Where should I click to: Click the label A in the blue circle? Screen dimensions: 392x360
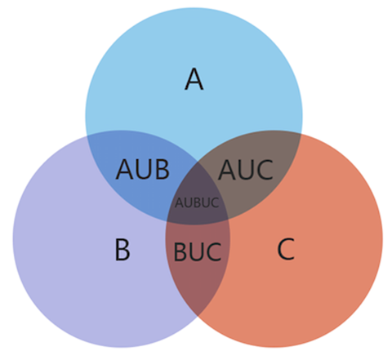194,79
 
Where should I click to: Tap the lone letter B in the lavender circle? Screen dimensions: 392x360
122,250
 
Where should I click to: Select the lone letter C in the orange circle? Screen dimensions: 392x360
286,249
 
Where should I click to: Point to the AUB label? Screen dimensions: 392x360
143,169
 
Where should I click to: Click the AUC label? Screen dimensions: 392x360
246,170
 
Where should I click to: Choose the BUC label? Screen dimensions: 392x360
198,252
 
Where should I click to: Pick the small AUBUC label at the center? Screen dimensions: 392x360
197,202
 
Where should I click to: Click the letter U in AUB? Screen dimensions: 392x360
145,169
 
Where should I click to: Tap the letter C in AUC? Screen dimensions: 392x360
264,170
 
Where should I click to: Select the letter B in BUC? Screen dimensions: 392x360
180,252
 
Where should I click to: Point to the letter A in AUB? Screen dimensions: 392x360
125,169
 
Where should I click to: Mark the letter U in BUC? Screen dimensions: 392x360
197,252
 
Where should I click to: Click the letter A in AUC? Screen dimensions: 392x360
227,170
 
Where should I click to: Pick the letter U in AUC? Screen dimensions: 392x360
246,170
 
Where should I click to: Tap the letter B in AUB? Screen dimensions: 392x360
163,169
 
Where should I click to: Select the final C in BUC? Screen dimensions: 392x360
214,252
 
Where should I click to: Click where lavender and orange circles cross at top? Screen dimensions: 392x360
198,162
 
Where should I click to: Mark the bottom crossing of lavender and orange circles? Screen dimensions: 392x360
198,317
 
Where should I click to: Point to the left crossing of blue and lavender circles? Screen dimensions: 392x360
87,136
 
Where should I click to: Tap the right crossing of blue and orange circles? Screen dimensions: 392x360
301,134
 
